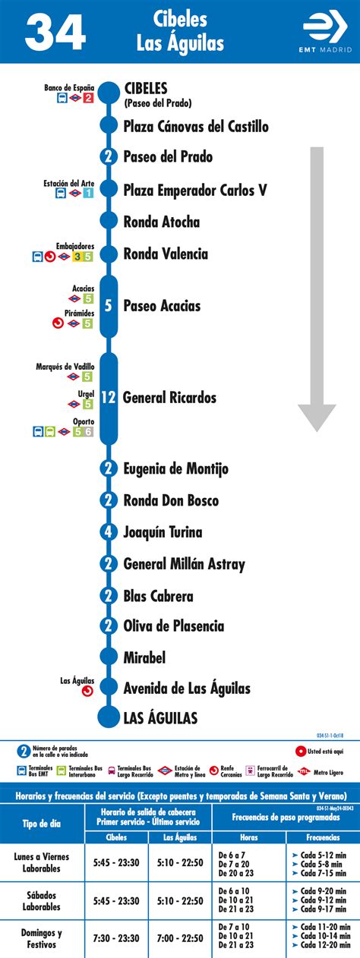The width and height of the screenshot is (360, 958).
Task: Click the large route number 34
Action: click(55, 32)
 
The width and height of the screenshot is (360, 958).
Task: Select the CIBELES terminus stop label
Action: click(145, 88)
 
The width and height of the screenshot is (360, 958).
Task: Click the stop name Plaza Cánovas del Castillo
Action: click(196, 126)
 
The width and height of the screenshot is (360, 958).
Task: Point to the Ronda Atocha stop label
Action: click(162, 222)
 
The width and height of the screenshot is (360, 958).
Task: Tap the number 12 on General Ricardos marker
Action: click(109, 397)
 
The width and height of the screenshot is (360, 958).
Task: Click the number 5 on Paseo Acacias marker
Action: click(109, 306)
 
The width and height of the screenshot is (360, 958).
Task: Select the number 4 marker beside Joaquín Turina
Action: click(109, 532)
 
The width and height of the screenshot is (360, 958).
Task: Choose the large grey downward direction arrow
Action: click(316, 288)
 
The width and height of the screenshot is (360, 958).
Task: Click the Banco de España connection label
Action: click(68, 87)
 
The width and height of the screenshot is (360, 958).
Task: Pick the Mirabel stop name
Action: click(144, 657)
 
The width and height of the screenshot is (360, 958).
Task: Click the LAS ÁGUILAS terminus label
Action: click(160, 717)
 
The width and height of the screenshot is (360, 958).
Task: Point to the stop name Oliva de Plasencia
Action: click(174, 626)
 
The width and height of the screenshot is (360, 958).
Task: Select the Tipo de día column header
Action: click(42, 823)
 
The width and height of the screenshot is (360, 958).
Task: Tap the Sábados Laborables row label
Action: click(42, 900)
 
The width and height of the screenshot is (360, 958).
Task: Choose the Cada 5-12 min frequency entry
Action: click(322, 854)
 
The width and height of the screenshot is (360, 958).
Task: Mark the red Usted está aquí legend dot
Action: click(302, 752)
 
